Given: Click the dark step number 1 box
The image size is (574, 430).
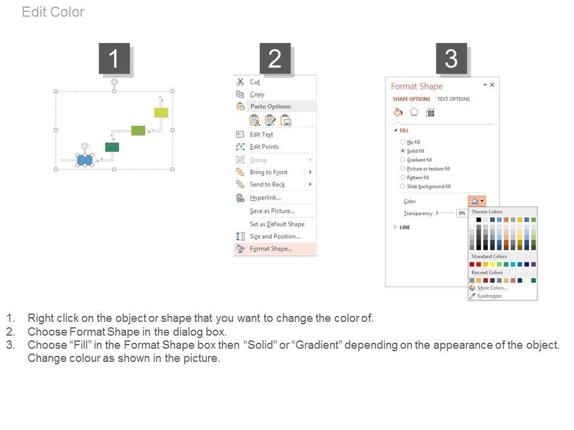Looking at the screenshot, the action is (114, 59).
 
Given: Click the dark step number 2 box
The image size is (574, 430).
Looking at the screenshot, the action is (275, 59).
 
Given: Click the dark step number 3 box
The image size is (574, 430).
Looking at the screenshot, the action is (451, 59).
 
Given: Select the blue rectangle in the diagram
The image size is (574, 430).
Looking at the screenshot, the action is (84, 160).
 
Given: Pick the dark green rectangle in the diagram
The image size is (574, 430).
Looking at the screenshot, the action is (112, 147).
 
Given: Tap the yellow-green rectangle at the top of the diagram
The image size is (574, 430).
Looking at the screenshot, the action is (161, 113).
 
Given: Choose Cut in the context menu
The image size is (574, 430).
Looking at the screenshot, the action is (255, 82).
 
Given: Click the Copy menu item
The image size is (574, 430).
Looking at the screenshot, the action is (257, 94).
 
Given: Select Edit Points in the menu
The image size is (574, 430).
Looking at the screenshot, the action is (264, 147).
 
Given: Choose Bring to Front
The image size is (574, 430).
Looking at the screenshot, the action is (268, 172).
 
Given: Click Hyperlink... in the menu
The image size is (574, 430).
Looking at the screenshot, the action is (265, 198).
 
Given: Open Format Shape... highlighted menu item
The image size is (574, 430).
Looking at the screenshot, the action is (271, 248).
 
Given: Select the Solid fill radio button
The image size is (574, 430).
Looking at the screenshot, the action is (402, 151).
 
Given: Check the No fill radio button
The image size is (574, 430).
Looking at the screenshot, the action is (402, 142).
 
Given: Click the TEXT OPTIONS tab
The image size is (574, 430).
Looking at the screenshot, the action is (453, 99).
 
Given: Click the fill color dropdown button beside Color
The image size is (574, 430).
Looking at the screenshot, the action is (477, 201).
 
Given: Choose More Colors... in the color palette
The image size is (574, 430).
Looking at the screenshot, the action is (492, 288).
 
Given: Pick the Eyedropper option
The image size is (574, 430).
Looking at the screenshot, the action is (490, 296).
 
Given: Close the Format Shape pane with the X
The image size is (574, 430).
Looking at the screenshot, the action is (492, 85).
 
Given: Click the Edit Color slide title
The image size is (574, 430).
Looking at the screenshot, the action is (53, 12).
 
